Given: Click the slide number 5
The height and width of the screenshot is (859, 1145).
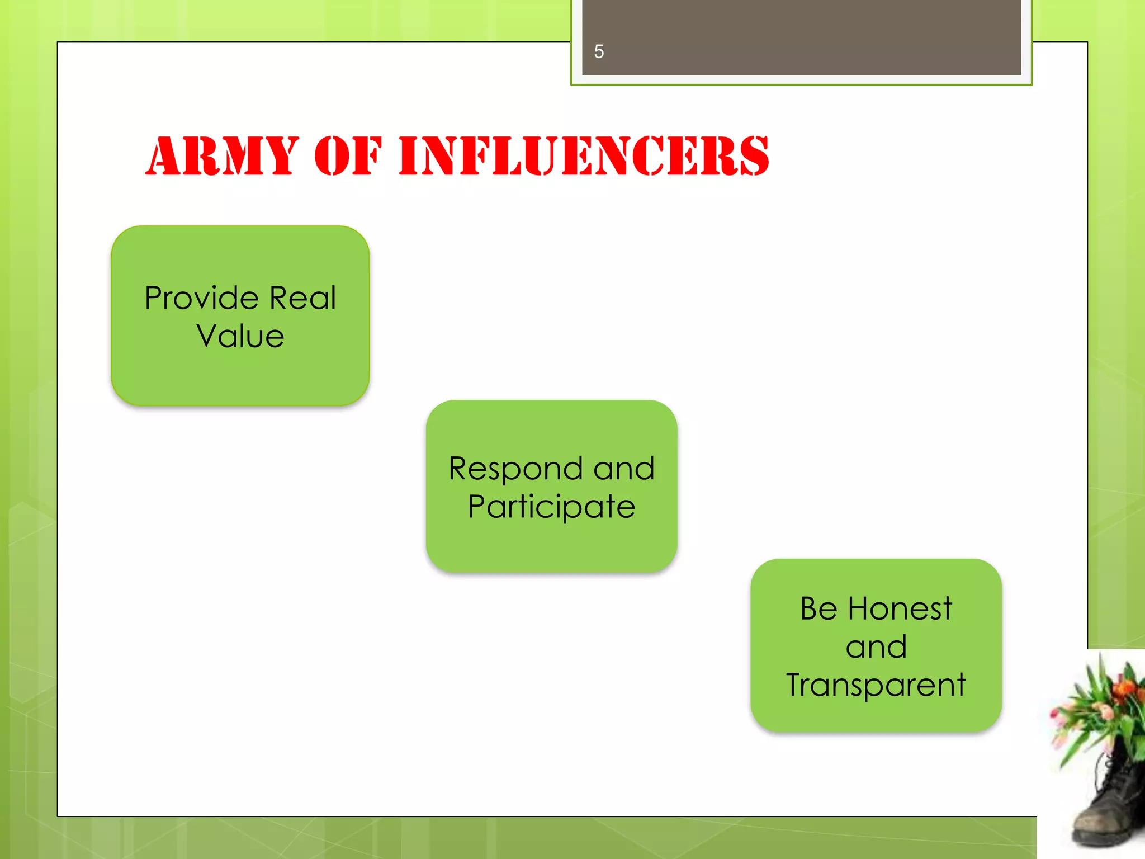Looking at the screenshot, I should (x=599, y=52).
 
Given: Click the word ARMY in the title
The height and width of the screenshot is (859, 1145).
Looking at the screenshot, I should (x=222, y=156).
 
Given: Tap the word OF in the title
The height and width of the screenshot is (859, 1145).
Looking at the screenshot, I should (x=348, y=156).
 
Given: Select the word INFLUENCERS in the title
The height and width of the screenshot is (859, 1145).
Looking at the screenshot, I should (x=584, y=156).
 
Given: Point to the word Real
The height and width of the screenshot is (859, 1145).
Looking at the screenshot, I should (x=302, y=298).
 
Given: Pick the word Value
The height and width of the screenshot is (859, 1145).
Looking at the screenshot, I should (x=240, y=336).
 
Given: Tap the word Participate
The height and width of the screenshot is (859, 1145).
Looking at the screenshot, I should (x=551, y=507).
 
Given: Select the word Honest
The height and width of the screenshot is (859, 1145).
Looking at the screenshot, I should (x=900, y=608).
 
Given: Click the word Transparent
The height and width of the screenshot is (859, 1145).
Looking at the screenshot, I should (x=876, y=685).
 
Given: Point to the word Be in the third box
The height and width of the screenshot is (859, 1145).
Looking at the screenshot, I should (x=818, y=608).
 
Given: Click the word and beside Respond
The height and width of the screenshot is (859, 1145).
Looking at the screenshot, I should (x=623, y=469).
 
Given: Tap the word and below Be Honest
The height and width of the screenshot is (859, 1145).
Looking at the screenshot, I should (x=876, y=647).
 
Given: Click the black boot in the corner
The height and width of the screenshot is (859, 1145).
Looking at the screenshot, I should (x=1110, y=805).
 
